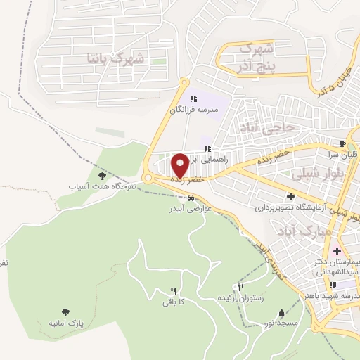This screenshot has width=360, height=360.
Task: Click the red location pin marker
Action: (180, 165)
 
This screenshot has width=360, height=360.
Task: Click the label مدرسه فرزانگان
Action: (192, 110)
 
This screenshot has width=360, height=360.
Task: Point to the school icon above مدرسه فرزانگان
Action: (193, 98)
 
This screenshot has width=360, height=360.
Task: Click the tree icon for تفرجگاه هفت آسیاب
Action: (102, 176)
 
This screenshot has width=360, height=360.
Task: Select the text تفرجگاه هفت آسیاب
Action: (92, 187)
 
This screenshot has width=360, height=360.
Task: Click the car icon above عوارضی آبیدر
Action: (191, 198)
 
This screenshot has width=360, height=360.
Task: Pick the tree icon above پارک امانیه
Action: (65, 311)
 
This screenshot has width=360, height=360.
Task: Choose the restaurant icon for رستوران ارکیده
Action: (241, 287)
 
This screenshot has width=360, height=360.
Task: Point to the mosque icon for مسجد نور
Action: (282, 313)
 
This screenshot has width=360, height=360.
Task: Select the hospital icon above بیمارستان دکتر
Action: (336, 251)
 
